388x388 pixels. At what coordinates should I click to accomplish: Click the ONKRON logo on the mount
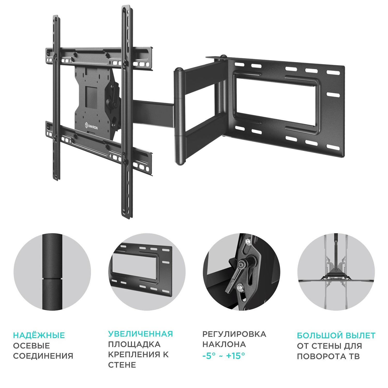point(91,126)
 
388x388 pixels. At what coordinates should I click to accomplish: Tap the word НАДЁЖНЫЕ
point(39,335)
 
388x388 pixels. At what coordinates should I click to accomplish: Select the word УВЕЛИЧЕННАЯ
point(140,334)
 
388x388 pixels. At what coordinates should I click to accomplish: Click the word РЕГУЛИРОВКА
point(234,334)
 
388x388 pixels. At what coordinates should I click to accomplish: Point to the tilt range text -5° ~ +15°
point(223,356)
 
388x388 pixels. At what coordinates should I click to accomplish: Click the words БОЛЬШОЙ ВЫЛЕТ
point(336,335)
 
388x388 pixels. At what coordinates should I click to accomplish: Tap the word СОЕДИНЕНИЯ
point(43,356)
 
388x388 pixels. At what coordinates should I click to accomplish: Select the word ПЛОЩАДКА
point(134,344)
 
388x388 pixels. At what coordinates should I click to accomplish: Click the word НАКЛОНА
point(224,344)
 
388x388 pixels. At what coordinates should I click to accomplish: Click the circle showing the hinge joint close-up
point(52,272)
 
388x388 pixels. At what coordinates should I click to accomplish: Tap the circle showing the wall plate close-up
point(147,272)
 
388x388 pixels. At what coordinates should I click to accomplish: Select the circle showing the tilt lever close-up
point(241,272)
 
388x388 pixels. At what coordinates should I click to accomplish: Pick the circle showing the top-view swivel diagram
point(336,272)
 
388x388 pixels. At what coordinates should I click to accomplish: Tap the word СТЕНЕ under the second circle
point(122,365)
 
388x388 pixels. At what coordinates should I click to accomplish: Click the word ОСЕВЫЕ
point(31,346)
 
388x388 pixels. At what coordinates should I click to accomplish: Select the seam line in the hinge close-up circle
point(52,279)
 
